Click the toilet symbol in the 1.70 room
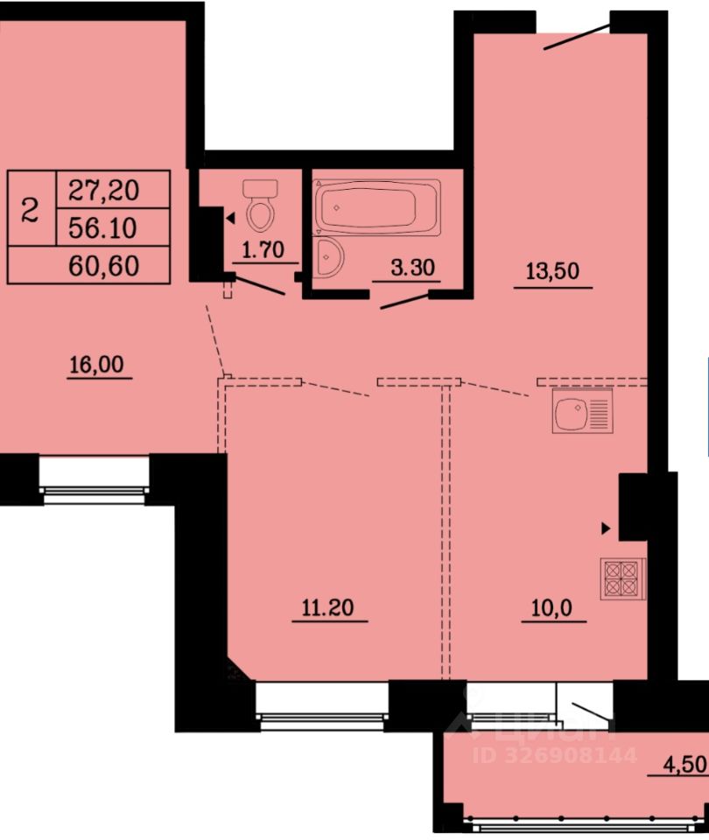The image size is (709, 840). click(261, 204)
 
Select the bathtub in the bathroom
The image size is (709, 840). click(377, 207)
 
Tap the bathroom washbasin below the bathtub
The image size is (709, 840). click(327, 257)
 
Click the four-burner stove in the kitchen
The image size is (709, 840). click(622, 578)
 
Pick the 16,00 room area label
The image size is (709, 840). click(97, 365)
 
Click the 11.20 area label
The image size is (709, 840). click(328, 608)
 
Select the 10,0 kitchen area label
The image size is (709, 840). click(551, 608)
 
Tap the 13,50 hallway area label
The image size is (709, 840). click(552, 271)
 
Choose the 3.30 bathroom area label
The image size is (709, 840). click(412, 267)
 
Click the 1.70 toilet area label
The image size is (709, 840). click(263, 249)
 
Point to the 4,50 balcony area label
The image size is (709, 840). click(685, 765)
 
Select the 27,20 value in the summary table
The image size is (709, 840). click(104, 190)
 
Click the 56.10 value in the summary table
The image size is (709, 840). click(103, 228)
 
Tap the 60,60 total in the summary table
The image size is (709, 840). click(104, 266)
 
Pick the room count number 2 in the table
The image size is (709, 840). click(30, 209)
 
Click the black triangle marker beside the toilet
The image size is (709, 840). click(230, 218)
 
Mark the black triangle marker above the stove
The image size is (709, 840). click(606, 528)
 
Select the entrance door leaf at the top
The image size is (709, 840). click(577, 37)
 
